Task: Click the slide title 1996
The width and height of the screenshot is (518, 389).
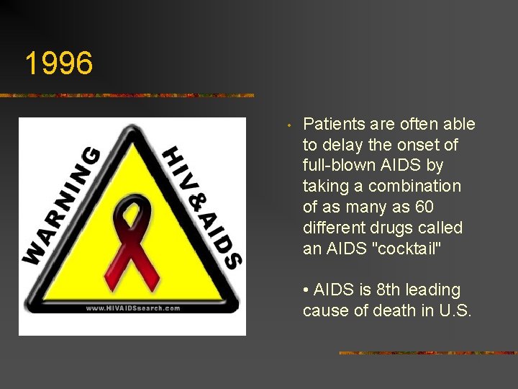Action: click(59, 63)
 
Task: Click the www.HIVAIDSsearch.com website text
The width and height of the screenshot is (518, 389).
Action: click(133, 308)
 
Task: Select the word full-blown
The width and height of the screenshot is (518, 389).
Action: click(337, 166)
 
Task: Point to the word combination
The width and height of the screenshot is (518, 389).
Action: click(414, 186)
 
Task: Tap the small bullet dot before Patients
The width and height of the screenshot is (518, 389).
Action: click(288, 127)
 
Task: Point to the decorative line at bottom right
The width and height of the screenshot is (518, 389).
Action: click(427, 353)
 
